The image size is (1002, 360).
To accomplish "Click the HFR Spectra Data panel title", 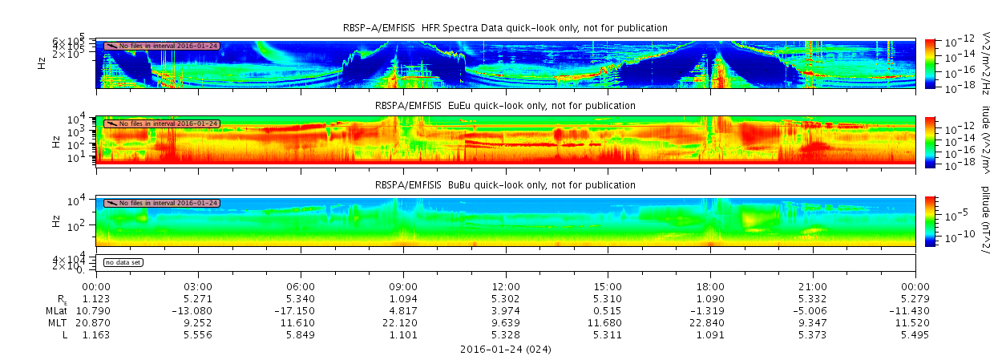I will (x=505, y=28).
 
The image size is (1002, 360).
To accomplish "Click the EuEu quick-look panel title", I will (x=505, y=106).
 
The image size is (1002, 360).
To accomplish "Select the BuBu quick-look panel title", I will (x=505, y=185).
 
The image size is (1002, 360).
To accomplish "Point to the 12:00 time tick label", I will (x=506, y=286).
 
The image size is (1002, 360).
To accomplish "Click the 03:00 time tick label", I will (x=198, y=286).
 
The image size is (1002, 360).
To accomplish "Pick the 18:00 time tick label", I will (x=710, y=286).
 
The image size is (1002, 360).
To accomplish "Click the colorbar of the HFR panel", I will (x=930, y=63).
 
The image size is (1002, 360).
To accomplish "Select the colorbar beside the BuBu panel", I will (x=930, y=220).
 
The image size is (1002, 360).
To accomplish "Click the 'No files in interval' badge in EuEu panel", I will (x=161, y=123).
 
